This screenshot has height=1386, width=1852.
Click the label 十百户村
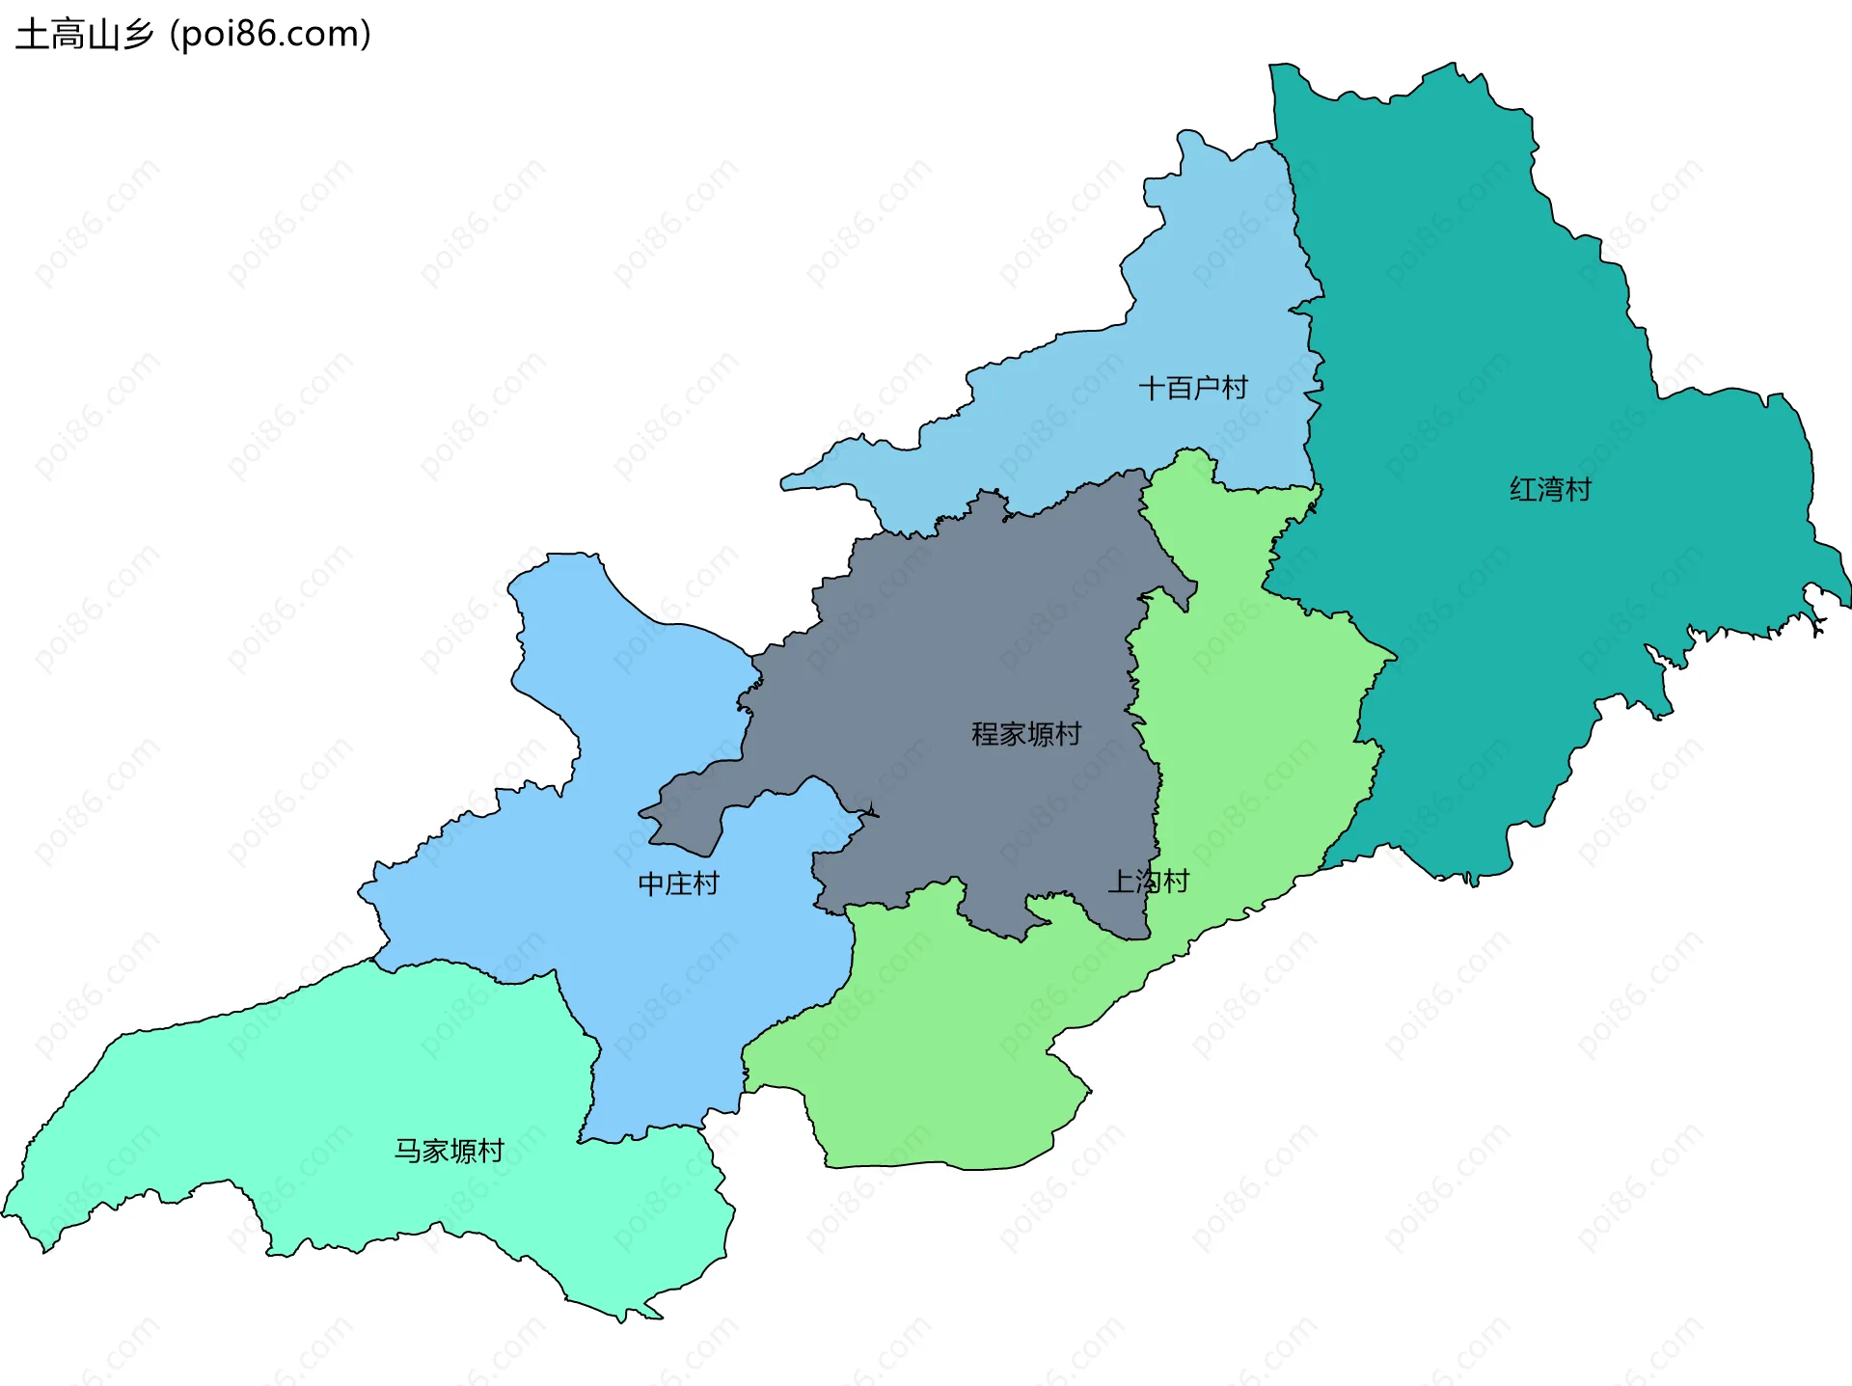tap(1193, 389)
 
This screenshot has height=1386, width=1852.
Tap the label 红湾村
tap(1550, 490)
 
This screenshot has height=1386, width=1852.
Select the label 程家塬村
tap(1026, 735)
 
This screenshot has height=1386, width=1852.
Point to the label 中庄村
tap(678, 883)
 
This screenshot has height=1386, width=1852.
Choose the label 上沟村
tap(1148, 882)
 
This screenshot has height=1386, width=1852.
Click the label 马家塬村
tap(449, 1151)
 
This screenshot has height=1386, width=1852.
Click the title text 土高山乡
tap(85, 35)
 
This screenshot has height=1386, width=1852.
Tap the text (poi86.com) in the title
tap(271, 35)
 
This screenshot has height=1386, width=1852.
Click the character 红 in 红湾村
tap(1523, 490)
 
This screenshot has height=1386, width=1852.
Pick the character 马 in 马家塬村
tap(408, 1151)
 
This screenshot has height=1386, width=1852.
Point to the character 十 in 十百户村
tap(1152, 389)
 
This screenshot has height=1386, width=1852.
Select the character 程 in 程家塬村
tap(985, 735)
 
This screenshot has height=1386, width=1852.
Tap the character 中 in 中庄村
tap(651, 883)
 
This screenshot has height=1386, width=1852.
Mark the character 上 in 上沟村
tap(1121, 882)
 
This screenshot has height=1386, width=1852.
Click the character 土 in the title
tap(33, 35)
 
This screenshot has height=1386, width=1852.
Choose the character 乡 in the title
tap(138, 35)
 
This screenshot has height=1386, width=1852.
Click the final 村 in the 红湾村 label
tap(1578, 490)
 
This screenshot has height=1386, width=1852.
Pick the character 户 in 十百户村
tap(1207, 389)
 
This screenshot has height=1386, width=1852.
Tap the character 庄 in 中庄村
tap(678, 883)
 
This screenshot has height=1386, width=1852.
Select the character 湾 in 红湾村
tap(1550, 490)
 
